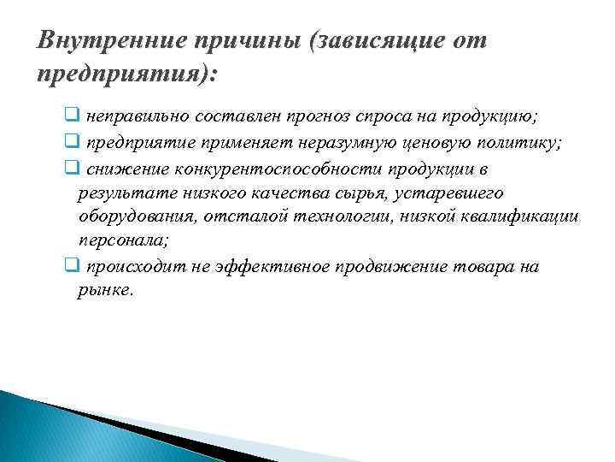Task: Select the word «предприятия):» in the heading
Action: [127, 74]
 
